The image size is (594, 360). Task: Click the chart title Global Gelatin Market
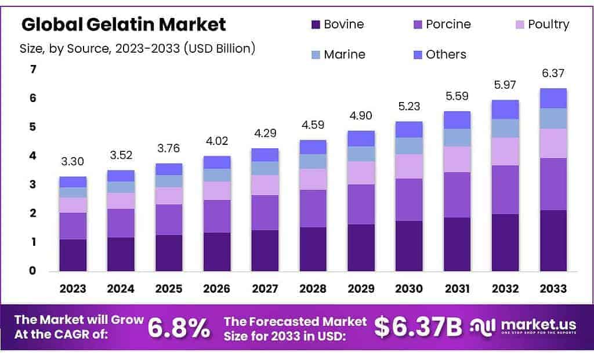(x=124, y=24)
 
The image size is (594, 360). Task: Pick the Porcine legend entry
(x=441, y=24)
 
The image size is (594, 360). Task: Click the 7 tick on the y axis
(x=33, y=70)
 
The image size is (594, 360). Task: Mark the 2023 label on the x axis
(x=73, y=288)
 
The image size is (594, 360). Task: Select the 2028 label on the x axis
(x=313, y=288)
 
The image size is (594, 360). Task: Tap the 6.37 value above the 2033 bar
(x=553, y=74)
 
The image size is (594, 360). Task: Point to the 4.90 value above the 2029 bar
(x=361, y=116)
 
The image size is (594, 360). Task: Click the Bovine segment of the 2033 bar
(x=553, y=241)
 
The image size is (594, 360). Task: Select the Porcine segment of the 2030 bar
(x=409, y=199)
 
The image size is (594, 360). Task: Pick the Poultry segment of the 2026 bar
(x=217, y=191)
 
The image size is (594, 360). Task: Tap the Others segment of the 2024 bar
(x=121, y=176)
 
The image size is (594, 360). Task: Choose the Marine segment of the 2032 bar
(x=505, y=128)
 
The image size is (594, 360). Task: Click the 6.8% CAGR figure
(x=179, y=328)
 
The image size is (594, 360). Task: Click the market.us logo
(x=525, y=327)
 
